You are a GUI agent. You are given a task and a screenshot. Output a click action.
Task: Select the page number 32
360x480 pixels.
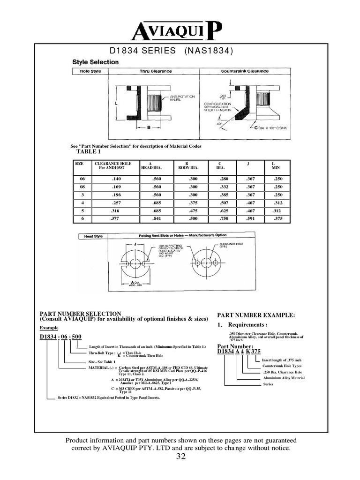pyautogui.click(x=181, y=457)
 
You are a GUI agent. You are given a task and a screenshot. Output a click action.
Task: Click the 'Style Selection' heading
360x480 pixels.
pyautogui.click(x=95, y=62)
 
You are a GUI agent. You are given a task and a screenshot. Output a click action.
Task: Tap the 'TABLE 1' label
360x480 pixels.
pyautogui.click(x=89, y=152)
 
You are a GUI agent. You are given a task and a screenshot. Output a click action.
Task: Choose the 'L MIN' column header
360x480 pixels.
pyautogui.click(x=275, y=165)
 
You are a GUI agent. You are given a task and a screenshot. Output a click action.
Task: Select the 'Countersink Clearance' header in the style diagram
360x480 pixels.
pyautogui.click(x=245, y=71)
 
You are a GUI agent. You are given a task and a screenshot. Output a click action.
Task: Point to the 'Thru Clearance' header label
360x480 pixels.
pyautogui.click(x=156, y=71)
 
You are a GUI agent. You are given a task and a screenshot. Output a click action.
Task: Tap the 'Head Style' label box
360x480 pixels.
pyautogui.click(x=93, y=236)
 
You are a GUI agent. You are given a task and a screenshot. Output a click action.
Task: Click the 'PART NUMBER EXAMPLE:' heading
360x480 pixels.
pyautogui.click(x=255, y=315)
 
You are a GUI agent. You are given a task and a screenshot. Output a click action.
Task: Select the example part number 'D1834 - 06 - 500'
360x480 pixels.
pyautogui.click(x=60, y=337)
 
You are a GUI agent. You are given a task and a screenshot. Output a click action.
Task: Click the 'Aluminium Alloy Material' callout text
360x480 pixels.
pyautogui.click(x=283, y=378)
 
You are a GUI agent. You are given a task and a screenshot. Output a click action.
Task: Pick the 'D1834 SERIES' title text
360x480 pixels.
pyautogui.click(x=142, y=51)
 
